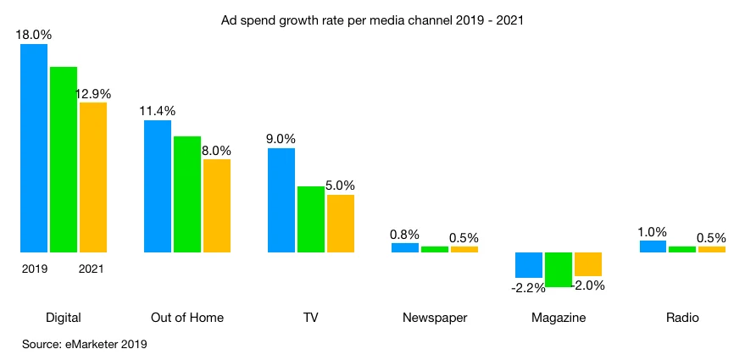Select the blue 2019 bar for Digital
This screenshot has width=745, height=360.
coord(34,148)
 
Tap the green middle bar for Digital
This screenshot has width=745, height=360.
coord(64,159)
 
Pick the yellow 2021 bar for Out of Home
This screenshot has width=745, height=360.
coord(217,206)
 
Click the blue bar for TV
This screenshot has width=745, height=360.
coord(281,200)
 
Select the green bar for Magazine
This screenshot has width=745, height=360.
coord(559,269)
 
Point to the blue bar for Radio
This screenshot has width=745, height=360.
coord(653,246)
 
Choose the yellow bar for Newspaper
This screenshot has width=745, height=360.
coord(464,249)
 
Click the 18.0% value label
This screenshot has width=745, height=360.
coord(33,35)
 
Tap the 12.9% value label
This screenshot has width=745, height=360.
coord(93,93)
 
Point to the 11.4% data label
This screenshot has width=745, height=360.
coord(158,111)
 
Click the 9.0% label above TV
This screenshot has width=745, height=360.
coord(281,139)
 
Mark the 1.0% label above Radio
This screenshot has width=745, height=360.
coord(653,231)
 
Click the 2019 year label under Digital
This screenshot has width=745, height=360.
coord(34,269)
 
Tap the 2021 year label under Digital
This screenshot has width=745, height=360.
coord(92,269)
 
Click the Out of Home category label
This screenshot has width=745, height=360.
coord(187,318)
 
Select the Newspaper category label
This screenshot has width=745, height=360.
coord(435,318)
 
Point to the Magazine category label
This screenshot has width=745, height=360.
coord(559,318)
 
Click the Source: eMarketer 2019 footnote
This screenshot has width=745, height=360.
coord(85,344)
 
